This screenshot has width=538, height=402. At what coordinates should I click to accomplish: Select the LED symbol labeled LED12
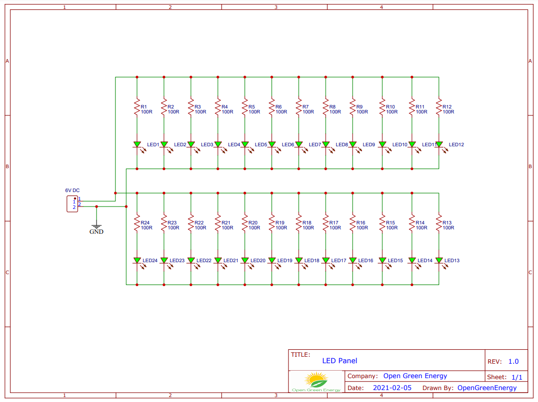[439, 145]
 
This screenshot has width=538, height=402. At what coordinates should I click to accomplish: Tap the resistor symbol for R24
[137, 224]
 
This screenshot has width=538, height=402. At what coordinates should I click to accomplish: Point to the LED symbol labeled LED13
[439, 260]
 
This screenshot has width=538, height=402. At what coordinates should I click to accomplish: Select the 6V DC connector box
[73, 204]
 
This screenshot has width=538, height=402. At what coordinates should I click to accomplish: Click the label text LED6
[288, 145]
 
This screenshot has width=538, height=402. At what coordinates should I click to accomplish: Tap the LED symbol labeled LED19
[271, 260]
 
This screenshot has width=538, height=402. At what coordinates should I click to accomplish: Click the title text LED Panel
[340, 361]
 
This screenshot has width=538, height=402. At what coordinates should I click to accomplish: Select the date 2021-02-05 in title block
[392, 388]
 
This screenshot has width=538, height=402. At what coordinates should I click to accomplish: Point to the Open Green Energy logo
[316, 382]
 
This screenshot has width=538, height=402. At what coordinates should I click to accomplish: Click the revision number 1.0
[513, 362]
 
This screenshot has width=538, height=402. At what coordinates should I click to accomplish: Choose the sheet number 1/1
[517, 378]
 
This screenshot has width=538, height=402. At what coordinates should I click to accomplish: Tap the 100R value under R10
[391, 112]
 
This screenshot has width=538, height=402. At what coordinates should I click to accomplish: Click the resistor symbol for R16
[353, 224]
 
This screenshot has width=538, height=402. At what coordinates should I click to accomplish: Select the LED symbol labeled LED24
[137, 260]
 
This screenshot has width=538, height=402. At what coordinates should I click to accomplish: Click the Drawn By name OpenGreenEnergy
[487, 388]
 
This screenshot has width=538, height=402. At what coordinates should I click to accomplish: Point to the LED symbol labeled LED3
[191, 145]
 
